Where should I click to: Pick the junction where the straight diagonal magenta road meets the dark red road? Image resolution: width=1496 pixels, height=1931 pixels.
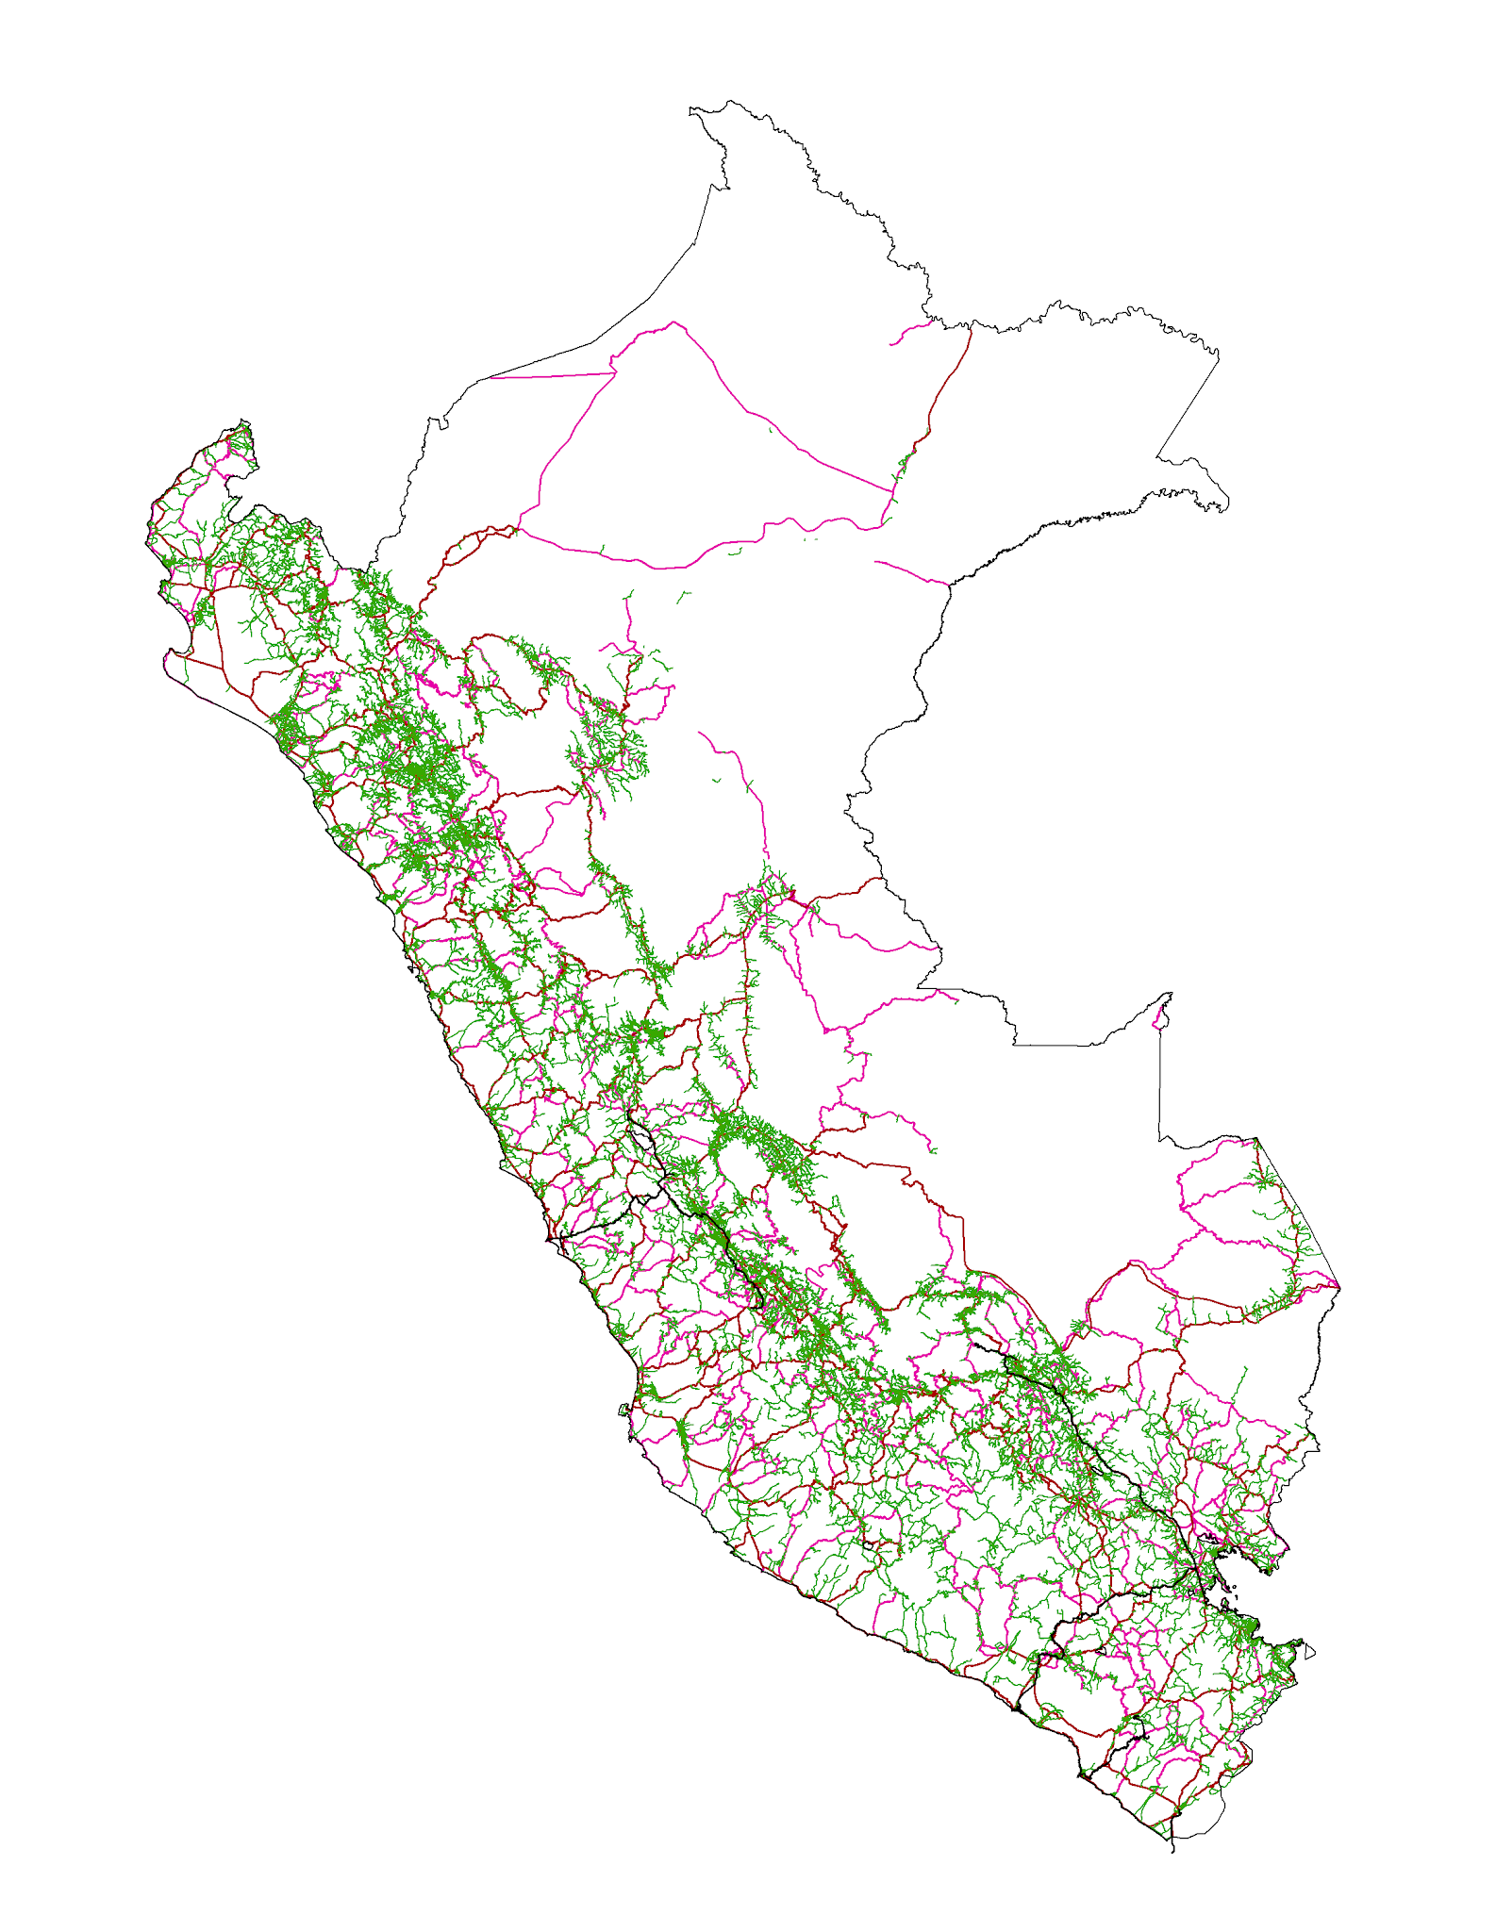[x=892, y=491]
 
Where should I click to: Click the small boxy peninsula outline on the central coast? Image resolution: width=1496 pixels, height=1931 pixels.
[x=623, y=1411]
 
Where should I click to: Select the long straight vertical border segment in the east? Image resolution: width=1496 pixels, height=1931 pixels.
[x=1159, y=1084]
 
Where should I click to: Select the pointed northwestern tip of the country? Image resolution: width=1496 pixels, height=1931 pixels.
[x=244, y=421]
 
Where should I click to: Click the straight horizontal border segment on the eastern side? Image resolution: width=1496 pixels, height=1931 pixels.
[x=1052, y=1045]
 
